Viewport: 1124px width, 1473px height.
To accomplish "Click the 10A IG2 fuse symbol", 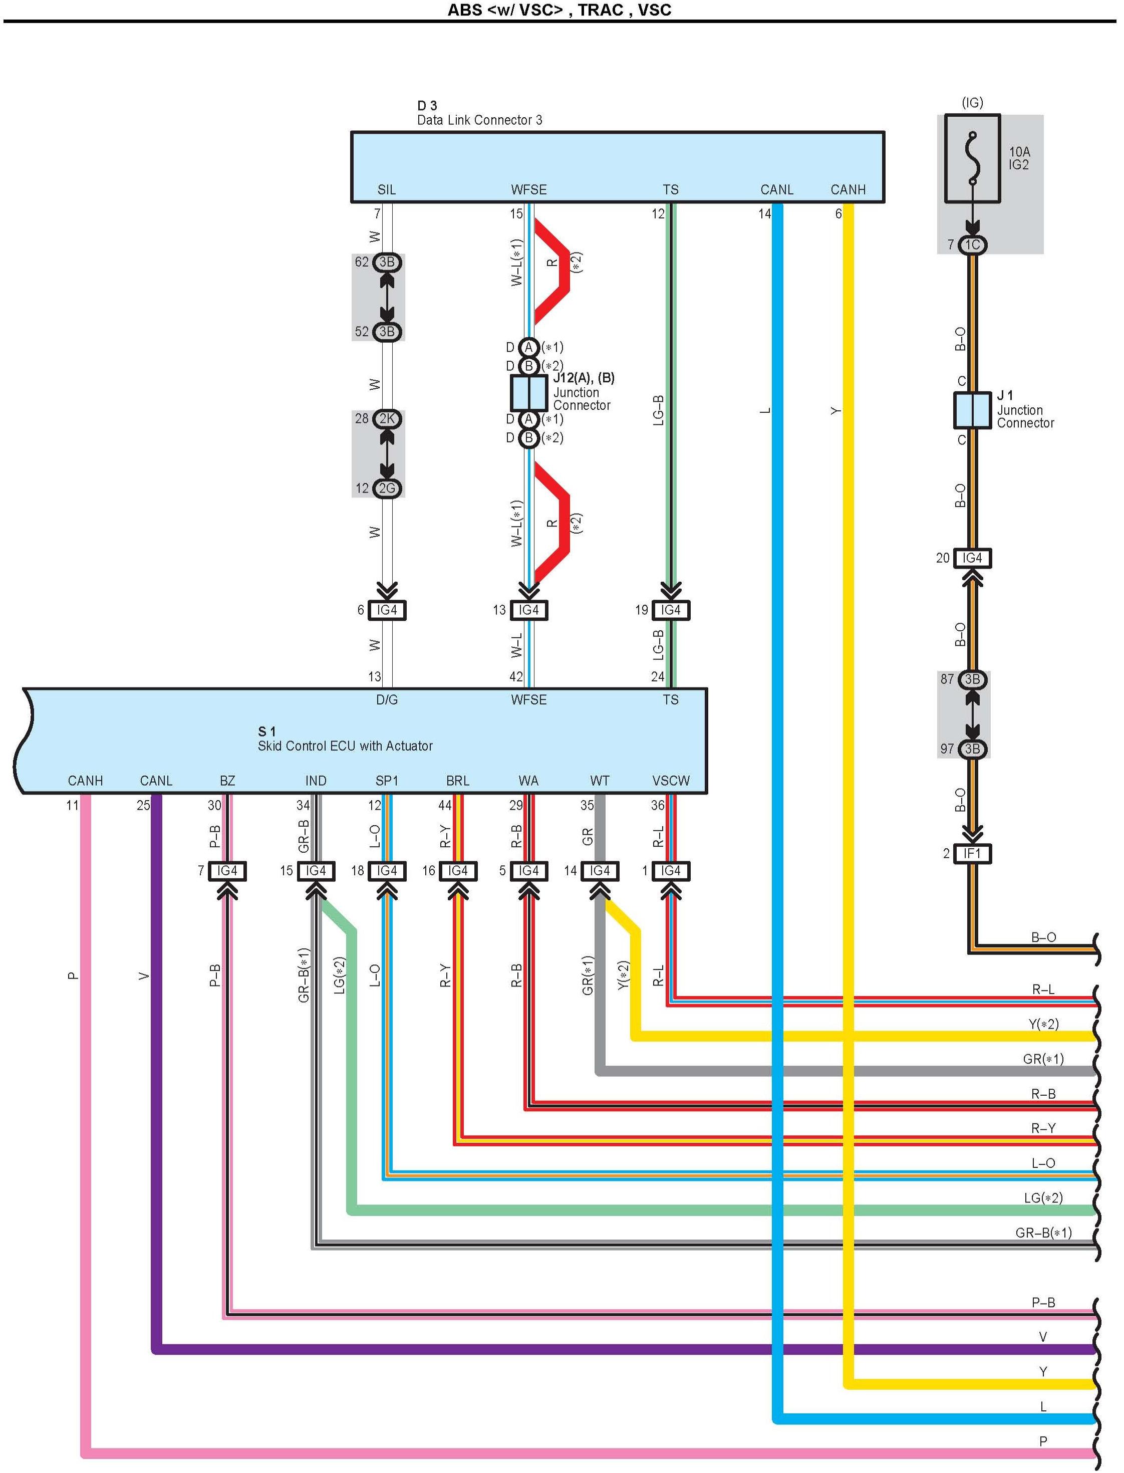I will (972, 159).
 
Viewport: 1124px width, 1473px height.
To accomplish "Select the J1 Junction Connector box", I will (971, 411).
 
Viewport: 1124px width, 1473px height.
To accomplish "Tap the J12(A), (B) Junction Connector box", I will (528, 393).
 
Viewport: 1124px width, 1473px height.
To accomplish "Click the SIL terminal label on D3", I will (387, 190).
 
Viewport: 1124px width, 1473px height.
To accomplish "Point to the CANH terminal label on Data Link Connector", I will (848, 190).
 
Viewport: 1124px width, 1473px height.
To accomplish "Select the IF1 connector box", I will (972, 854).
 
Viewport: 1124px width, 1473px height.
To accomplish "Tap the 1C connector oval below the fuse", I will (972, 245).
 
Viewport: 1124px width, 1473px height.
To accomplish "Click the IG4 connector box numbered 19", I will (670, 610).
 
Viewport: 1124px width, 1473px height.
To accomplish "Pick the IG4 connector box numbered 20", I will (972, 558).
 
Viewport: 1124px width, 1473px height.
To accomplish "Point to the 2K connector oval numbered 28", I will (387, 419).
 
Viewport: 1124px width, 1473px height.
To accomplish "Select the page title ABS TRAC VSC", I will (559, 10).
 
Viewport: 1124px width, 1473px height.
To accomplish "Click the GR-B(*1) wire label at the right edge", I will (1043, 1233).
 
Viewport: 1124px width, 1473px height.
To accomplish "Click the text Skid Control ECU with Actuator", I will (345, 746).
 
